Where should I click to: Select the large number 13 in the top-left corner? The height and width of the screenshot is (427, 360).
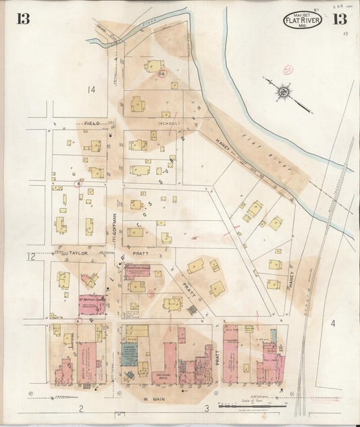[24, 18]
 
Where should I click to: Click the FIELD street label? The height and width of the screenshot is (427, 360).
[92, 124]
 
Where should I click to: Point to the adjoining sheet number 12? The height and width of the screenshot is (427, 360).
[30, 256]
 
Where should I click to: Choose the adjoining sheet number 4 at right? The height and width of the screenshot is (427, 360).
[332, 324]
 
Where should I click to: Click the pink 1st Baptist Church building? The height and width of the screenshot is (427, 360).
[91, 303]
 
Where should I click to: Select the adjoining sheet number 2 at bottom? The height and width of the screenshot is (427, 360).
[80, 409]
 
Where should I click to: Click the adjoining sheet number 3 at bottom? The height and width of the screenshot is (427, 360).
[205, 409]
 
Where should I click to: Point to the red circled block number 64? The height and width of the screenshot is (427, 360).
[161, 72]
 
